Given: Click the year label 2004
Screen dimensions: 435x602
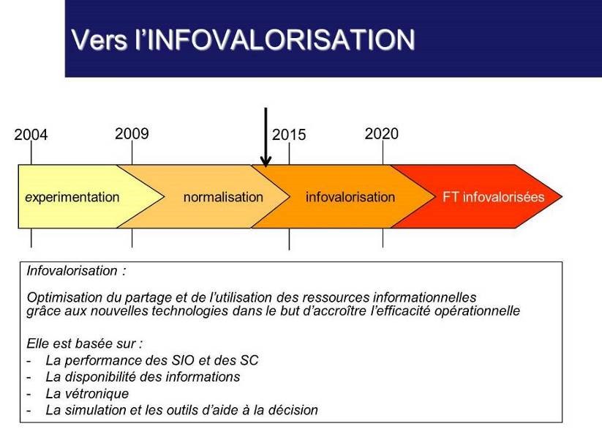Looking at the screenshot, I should click(31, 135).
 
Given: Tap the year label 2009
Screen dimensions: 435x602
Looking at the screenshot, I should click(132, 133).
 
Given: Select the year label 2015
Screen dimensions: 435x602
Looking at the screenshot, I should click(289, 135).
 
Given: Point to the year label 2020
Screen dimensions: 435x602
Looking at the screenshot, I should click(382, 133).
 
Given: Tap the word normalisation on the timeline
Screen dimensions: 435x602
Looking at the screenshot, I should click(223, 197).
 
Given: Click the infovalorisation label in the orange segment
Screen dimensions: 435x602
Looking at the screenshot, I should click(350, 197).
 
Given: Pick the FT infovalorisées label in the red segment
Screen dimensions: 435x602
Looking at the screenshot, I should click(494, 197).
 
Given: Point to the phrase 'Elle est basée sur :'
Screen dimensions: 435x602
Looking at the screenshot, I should click(84, 343).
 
